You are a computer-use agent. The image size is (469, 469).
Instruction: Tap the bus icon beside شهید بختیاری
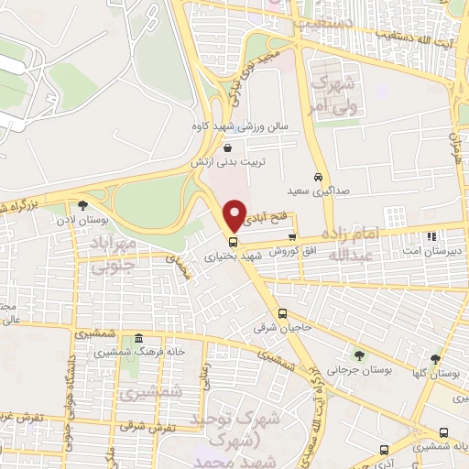233,243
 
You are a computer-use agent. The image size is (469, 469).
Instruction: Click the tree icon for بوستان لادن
84,205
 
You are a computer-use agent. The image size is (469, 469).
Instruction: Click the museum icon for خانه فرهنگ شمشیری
137,337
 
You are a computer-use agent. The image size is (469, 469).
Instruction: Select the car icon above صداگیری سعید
317,176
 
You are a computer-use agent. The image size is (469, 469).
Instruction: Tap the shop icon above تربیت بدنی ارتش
226,147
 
